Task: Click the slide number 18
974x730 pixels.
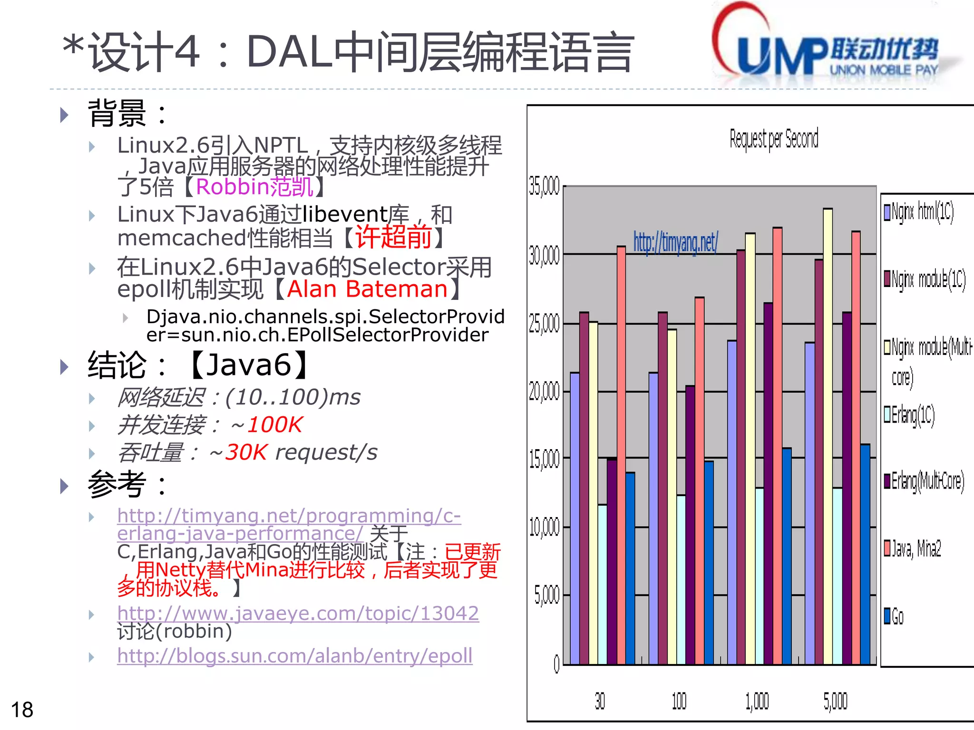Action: point(22,710)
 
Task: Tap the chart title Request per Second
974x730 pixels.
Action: point(774,139)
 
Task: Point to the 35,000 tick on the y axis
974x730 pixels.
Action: point(545,186)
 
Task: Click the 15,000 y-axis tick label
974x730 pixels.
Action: point(545,459)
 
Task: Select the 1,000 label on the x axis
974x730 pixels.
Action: point(757,701)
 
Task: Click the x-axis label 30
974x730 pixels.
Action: point(600,701)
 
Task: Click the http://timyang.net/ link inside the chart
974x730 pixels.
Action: point(675,242)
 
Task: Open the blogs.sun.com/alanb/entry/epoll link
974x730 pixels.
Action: point(295,656)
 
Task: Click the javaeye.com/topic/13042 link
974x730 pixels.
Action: point(298,613)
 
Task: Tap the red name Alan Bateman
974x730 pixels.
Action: point(367,289)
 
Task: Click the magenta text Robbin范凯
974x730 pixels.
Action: point(254,187)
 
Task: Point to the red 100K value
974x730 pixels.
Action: point(275,424)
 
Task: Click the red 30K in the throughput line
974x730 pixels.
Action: point(246,452)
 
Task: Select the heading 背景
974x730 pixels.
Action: point(117,114)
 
